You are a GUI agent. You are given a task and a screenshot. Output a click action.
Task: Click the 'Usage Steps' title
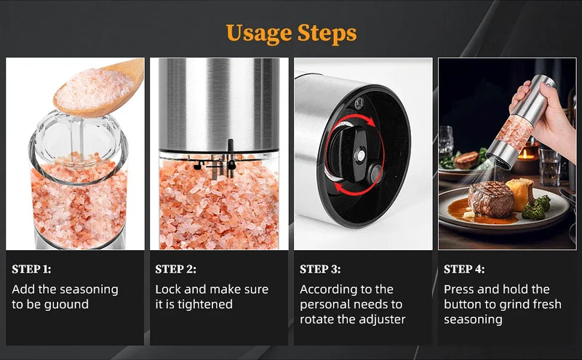tap(291, 33)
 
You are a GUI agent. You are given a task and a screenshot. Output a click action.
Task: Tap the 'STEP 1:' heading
tap(31, 269)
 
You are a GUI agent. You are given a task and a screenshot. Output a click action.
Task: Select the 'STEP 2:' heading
tap(175, 269)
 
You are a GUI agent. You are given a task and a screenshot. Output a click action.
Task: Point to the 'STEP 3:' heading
tap(320, 269)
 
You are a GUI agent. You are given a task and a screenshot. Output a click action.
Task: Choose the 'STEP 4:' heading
tap(464, 269)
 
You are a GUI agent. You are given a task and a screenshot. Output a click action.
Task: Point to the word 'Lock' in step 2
tap(170, 289)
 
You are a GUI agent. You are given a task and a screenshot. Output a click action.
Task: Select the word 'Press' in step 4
tap(461, 289)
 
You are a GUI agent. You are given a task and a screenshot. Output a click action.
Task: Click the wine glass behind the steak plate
tap(446, 142)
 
